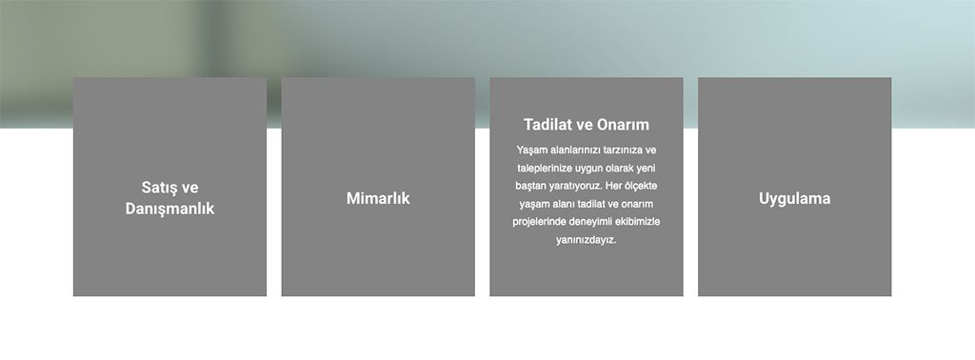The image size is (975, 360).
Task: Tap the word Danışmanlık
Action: pyautogui.click(x=169, y=209)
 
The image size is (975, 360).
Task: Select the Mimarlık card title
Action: pyautogui.click(x=378, y=198)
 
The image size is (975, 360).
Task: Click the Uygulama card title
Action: pyautogui.click(x=795, y=199)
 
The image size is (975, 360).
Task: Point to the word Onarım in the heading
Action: pyautogui.click(x=623, y=125)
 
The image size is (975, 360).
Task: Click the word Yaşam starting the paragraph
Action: pyautogui.click(x=527, y=150)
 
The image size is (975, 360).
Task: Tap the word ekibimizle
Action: pyautogui.click(x=637, y=222)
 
